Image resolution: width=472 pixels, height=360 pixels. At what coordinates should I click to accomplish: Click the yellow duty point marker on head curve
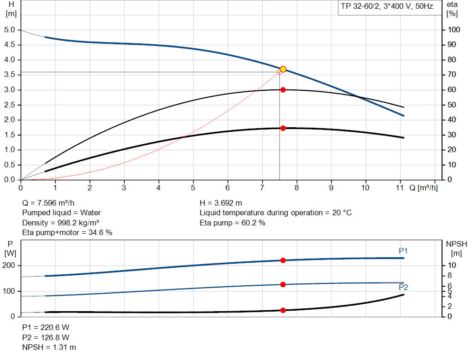(283, 69)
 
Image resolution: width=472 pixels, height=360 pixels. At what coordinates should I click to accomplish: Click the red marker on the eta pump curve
(283, 90)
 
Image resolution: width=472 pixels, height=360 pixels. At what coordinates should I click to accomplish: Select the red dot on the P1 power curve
(283, 260)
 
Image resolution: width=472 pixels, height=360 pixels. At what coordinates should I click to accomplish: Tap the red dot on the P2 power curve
(283, 284)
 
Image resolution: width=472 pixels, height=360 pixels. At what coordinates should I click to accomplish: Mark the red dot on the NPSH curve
(283, 310)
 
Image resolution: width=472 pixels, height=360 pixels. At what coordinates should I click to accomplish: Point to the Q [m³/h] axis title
(423, 188)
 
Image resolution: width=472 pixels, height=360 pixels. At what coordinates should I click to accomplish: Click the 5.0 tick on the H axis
(10, 30)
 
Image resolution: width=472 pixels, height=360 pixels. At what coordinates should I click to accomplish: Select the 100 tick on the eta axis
(454, 30)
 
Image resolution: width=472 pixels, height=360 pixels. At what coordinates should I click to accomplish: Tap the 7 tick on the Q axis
(262, 188)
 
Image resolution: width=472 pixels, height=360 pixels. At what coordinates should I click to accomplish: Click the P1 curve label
(403, 251)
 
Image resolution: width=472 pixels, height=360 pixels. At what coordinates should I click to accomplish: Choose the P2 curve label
(403, 287)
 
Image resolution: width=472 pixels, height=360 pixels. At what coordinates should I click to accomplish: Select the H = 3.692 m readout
(221, 203)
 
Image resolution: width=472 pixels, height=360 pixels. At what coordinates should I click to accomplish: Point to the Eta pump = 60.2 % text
(232, 223)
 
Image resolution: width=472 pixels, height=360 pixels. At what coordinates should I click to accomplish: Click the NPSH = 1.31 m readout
(49, 347)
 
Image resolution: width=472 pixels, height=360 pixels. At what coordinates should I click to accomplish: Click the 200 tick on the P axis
(10, 266)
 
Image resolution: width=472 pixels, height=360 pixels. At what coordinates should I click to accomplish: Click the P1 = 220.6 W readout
(46, 327)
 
